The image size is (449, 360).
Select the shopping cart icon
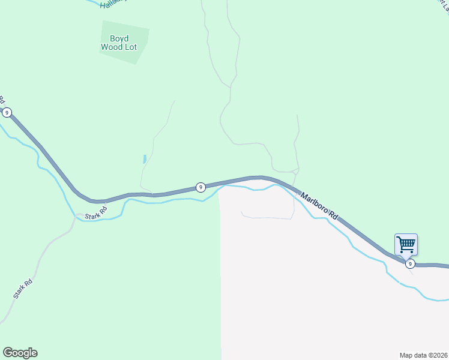point(406,244)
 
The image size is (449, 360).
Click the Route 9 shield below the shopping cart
point(410,263)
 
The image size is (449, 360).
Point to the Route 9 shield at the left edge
point(7,112)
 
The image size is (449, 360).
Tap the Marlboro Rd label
point(320,206)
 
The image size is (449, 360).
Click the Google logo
point(20,353)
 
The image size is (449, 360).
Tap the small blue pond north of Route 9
point(145,160)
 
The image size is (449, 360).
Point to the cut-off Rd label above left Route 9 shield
point(2,98)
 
